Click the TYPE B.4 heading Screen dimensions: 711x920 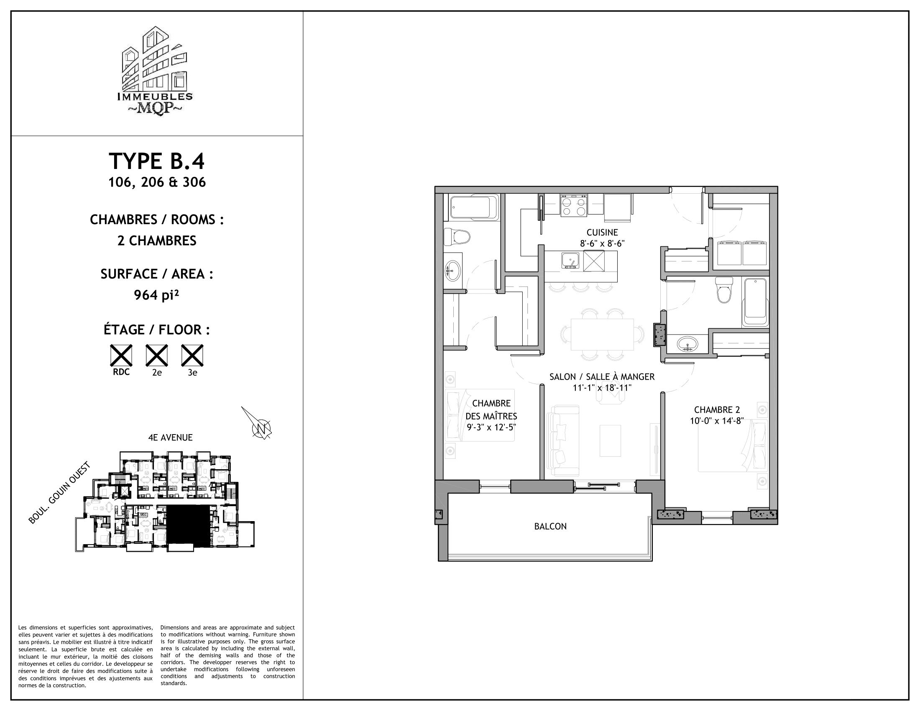(157, 161)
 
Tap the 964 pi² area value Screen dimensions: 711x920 (157, 295)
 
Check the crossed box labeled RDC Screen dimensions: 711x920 (121, 355)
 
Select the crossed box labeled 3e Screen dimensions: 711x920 (192, 355)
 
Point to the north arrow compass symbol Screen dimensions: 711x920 (260, 426)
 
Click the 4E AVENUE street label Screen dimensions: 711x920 (170, 437)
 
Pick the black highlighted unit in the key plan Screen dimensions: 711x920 (188, 526)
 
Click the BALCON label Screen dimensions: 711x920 (550, 526)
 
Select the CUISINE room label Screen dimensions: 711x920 (602, 233)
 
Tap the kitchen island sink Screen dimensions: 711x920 (571, 260)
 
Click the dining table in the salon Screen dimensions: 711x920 (602, 335)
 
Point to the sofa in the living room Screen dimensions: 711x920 (563, 441)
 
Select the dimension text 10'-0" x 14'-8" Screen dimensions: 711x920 (716, 421)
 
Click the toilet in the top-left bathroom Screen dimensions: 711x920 (457, 237)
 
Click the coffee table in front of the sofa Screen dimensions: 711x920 (610, 440)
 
